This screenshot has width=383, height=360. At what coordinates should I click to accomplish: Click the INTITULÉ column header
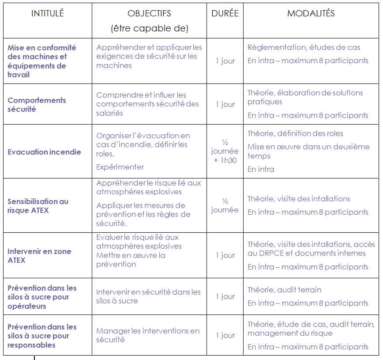(x=48, y=14)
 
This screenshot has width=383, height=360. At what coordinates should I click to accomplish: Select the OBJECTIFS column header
(x=149, y=14)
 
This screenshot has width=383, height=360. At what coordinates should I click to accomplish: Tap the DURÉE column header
(x=225, y=14)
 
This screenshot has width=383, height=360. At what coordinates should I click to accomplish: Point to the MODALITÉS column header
(x=311, y=14)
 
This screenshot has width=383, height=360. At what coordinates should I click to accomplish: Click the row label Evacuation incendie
(x=44, y=152)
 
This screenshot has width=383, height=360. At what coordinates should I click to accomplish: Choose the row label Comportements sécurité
(x=37, y=105)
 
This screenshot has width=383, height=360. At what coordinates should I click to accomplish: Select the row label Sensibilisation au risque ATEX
(x=38, y=206)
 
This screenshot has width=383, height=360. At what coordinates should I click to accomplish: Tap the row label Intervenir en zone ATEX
(x=39, y=256)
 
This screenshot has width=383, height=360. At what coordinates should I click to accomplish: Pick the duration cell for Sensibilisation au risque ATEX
(x=225, y=205)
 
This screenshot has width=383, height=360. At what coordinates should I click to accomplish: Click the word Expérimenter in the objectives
(x=120, y=167)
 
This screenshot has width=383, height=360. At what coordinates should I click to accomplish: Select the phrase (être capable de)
(x=149, y=29)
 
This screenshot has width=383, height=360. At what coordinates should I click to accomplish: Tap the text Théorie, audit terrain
(x=284, y=290)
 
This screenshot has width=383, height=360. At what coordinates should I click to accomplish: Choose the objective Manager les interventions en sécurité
(x=148, y=335)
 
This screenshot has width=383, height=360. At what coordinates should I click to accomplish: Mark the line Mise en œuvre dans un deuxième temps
(x=308, y=151)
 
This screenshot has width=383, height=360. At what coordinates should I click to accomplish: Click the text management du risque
(x=290, y=333)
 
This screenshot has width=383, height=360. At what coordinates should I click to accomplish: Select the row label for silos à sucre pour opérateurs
(x=42, y=297)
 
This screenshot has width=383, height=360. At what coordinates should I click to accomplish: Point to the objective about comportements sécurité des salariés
(x=147, y=104)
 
